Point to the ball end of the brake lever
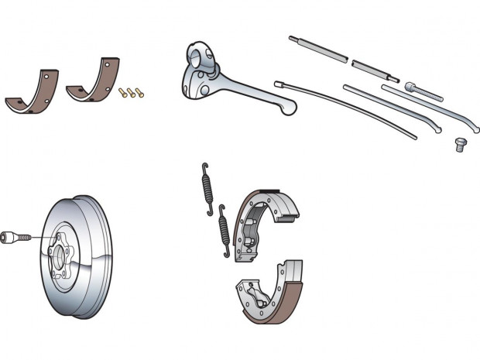click(289, 109)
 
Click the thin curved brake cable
click(348, 108)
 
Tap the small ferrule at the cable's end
click(279, 83)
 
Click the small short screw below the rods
click(461, 143)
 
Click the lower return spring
click(224, 231)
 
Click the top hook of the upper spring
click(204, 167)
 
